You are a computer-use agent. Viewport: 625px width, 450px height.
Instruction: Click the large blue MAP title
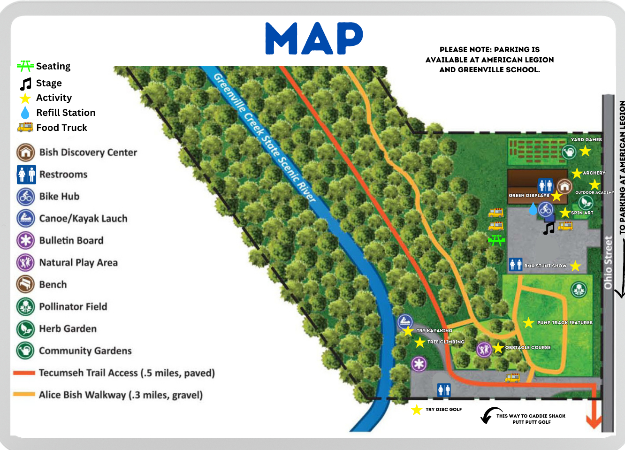[314, 38]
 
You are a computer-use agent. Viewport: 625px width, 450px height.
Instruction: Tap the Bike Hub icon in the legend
[26, 197]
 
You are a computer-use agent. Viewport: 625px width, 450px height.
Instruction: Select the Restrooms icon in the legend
[26, 175]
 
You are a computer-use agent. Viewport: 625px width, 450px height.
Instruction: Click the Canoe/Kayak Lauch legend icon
[26, 218]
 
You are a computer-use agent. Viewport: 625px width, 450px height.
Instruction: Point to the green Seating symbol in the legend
[25, 66]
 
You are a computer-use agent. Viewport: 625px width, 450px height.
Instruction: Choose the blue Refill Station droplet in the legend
[25, 113]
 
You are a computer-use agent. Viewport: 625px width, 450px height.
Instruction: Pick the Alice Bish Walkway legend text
[121, 395]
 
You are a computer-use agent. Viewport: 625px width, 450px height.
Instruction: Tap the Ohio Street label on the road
[609, 262]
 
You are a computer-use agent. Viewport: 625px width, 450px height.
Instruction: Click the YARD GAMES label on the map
[586, 140]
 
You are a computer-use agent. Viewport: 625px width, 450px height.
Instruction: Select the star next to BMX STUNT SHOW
[576, 266]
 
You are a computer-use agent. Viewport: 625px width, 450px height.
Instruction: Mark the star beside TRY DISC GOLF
[417, 410]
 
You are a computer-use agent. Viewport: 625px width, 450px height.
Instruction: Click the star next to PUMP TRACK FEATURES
[529, 322]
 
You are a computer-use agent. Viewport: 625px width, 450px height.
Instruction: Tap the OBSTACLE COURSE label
[528, 348]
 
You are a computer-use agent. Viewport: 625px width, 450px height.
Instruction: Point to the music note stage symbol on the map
[549, 229]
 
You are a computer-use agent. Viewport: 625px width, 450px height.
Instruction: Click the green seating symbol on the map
[496, 241]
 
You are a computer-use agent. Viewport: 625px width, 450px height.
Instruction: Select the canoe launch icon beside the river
[405, 322]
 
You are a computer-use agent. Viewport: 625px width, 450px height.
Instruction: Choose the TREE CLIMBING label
[446, 342]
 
